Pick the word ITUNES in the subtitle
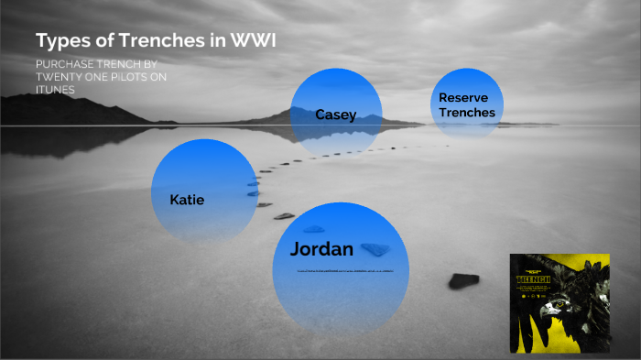[55, 90]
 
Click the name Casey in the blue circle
[335, 115]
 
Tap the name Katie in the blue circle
[187, 199]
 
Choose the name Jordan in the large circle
[321, 249]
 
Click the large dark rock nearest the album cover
[463, 280]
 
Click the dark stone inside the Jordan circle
[375, 248]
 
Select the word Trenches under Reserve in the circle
[466, 113]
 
